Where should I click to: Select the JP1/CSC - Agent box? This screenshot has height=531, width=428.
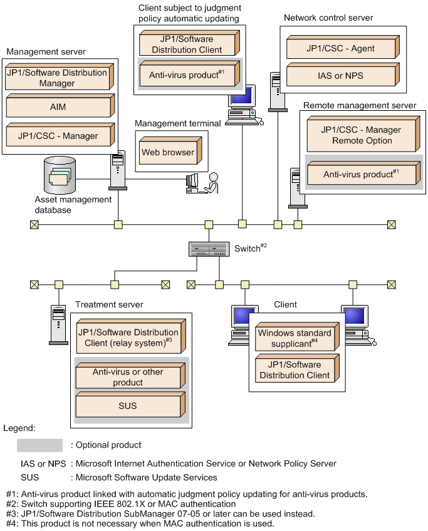point(341,47)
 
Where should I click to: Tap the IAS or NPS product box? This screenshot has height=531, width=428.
point(341,76)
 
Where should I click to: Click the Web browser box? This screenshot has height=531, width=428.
point(167,152)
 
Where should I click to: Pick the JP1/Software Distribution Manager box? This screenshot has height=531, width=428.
point(56,77)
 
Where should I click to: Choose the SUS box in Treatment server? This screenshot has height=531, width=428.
point(127,406)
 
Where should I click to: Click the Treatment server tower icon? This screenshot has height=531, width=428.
point(58,324)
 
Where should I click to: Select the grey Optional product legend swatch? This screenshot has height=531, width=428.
point(39,445)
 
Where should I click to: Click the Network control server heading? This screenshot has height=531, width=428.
point(328,18)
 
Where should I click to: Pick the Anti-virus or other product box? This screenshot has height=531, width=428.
point(127,377)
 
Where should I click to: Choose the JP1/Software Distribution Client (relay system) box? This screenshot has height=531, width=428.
point(127,338)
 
